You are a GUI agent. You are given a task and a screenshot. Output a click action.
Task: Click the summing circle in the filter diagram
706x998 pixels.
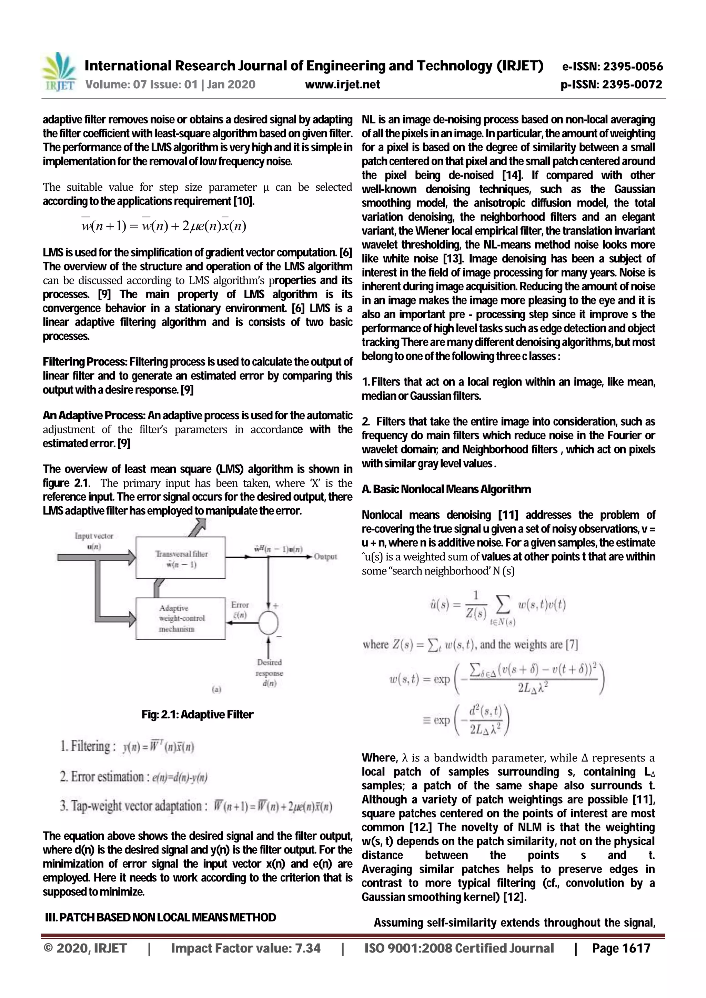[268, 623]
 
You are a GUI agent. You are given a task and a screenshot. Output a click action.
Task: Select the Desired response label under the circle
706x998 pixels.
[270, 673]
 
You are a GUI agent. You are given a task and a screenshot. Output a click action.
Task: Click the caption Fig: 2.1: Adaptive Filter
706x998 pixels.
[198, 715]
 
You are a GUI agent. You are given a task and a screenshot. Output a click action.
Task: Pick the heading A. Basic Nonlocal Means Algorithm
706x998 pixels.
[446, 489]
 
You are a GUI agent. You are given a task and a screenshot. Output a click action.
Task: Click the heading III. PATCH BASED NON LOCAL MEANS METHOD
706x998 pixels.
[160, 918]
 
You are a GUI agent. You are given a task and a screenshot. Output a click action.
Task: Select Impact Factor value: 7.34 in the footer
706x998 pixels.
[246, 948]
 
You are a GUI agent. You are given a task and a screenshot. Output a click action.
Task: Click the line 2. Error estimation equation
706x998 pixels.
[134, 777]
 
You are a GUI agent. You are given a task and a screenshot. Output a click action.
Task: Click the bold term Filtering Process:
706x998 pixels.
[85, 362]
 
